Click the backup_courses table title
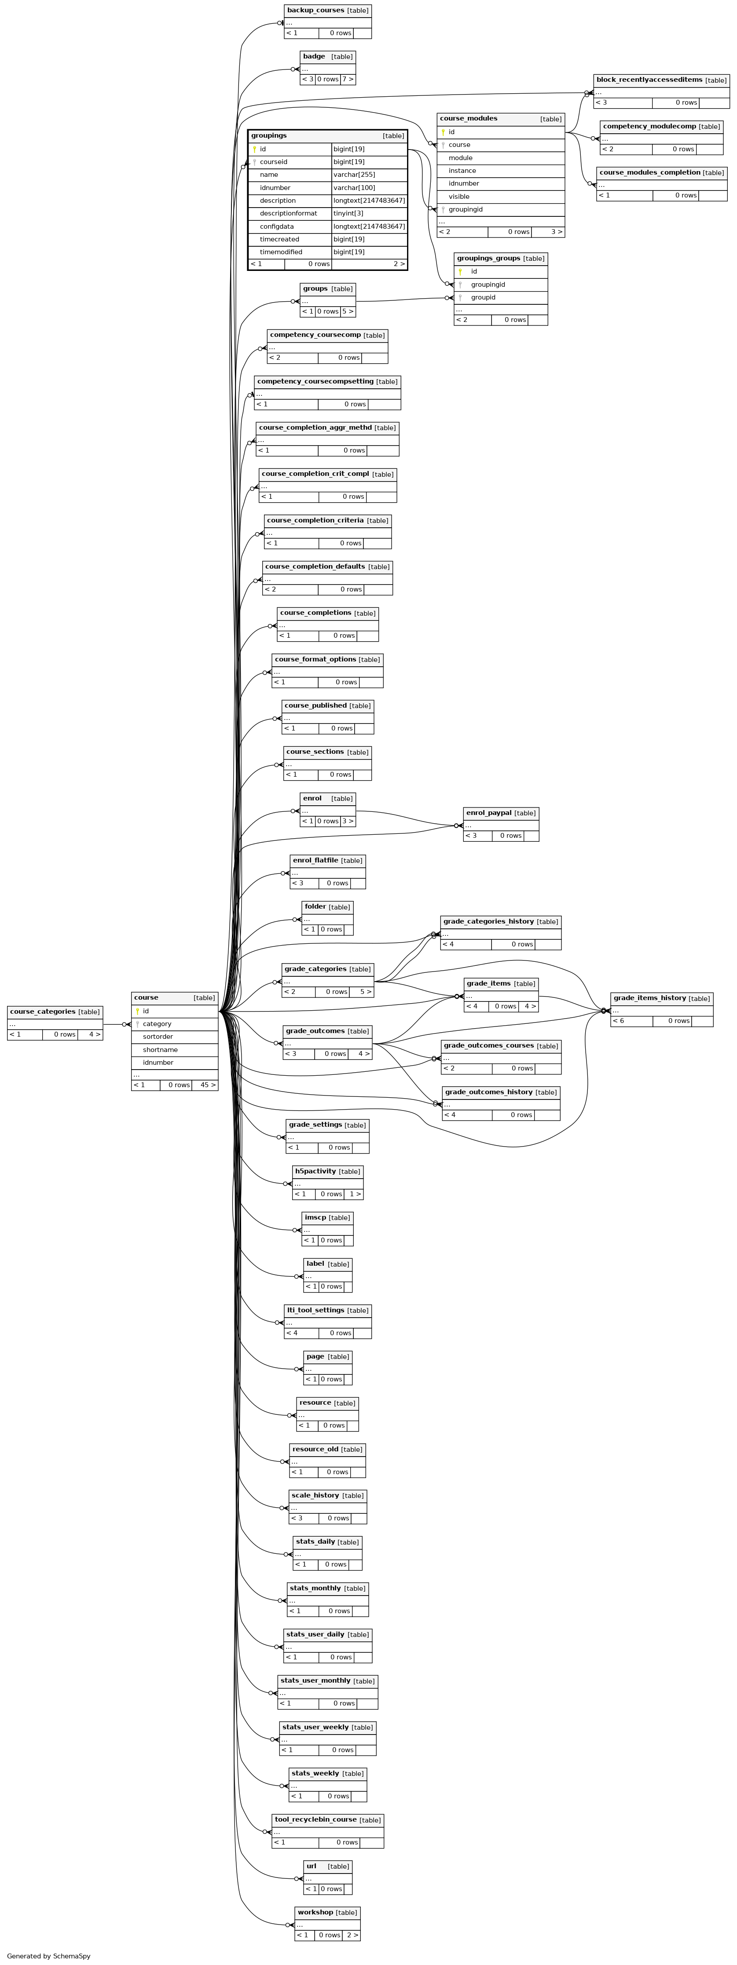[315, 11]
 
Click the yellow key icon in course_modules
[443, 132]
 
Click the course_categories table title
[43, 1012]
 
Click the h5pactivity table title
[315, 1171]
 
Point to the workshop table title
[315, 1912]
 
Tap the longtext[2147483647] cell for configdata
[369, 226]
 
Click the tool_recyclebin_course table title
[315, 1819]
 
